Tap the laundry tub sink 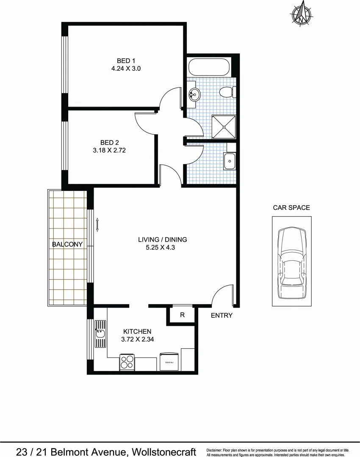click(x=229, y=161)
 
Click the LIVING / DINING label click(x=162, y=240)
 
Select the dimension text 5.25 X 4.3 click(x=160, y=248)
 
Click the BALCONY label click(x=67, y=244)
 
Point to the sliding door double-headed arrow click(x=97, y=225)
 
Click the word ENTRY click(x=222, y=315)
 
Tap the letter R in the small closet click(x=182, y=315)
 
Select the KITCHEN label click(x=137, y=331)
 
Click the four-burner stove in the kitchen click(x=127, y=362)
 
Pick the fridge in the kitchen click(x=169, y=362)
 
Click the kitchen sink click(x=100, y=336)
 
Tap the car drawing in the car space click(x=292, y=261)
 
